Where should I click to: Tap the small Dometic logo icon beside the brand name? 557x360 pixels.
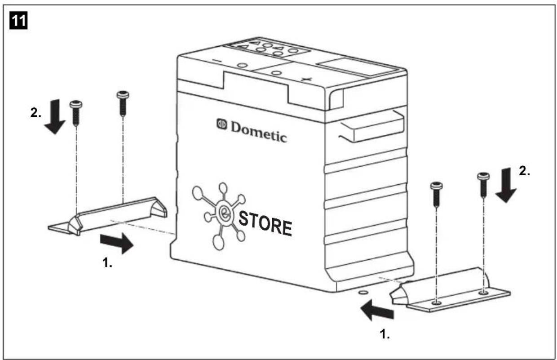(222, 124)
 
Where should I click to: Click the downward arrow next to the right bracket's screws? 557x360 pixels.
(505, 185)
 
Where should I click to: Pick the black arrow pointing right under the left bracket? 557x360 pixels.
(116, 243)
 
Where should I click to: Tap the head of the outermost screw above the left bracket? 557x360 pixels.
(75, 105)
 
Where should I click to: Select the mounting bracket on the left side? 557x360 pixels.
(108, 216)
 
